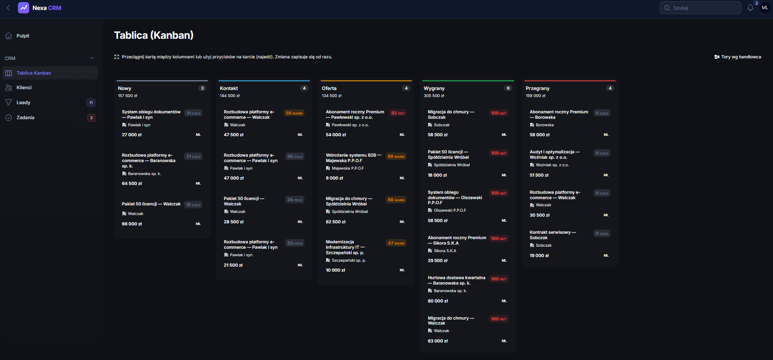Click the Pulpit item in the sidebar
pyautogui.click(x=23, y=36)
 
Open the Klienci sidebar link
pyautogui.click(x=24, y=87)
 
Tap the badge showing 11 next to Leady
pyautogui.click(x=91, y=102)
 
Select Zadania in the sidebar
pyautogui.click(x=25, y=117)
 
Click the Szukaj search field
pyautogui.click(x=700, y=8)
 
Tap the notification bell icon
pyautogui.click(x=750, y=8)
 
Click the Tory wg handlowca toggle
pyautogui.click(x=738, y=57)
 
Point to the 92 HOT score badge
pyautogui.click(x=398, y=113)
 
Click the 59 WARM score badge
pyautogui.click(x=294, y=113)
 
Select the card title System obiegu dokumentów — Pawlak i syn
pyautogui.click(x=151, y=115)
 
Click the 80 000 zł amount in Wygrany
pyautogui.click(x=438, y=301)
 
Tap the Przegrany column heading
pyautogui.click(x=537, y=88)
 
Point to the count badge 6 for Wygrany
pyautogui.click(x=508, y=88)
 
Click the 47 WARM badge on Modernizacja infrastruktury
pyautogui.click(x=396, y=243)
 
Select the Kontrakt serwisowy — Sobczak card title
pyautogui.click(x=553, y=235)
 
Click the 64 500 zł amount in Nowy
pyautogui.click(x=132, y=183)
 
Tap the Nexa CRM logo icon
pyautogui.click(x=24, y=8)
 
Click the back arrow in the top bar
pyautogui.click(x=8, y=8)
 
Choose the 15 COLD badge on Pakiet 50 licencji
pyautogui.click(x=193, y=205)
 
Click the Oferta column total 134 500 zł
pyautogui.click(x=332, y=96)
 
